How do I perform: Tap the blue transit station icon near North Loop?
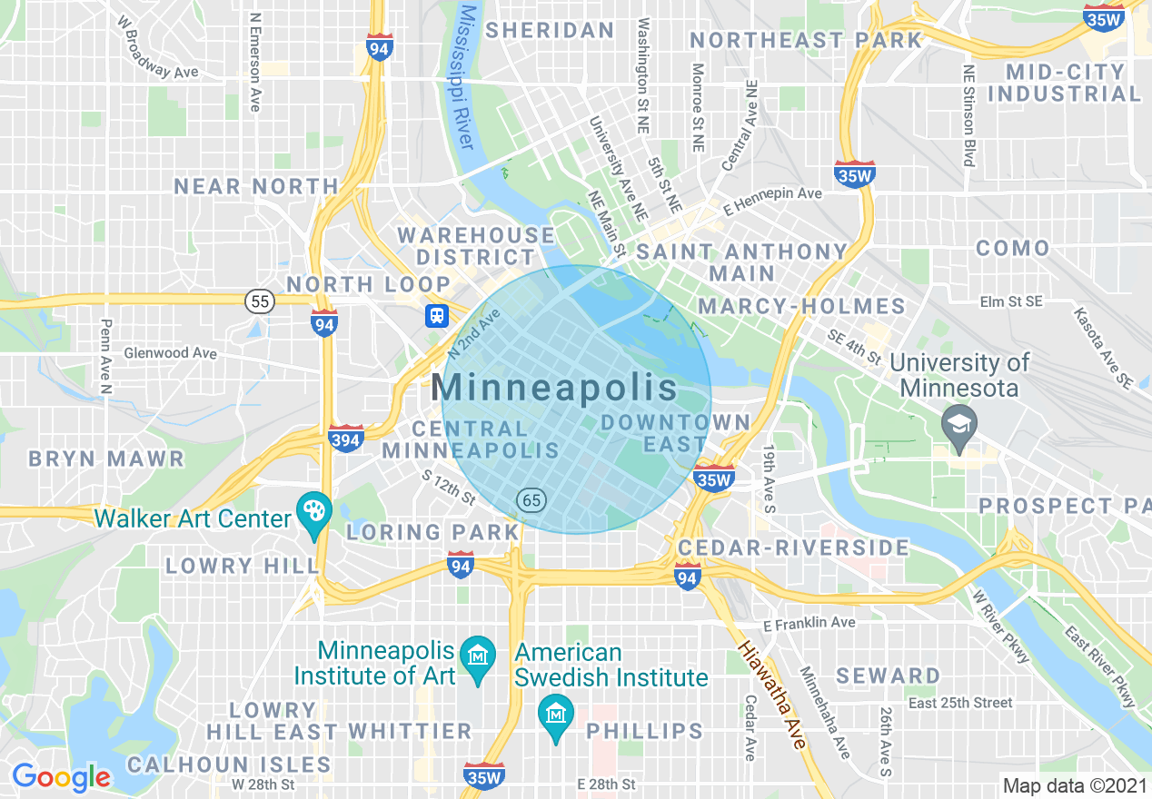click(x=437, y=315)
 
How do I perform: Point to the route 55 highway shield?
click(x=260, y=301)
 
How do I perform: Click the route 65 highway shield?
click(x=531, y=499)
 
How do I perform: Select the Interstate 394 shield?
click(x=346, y=439)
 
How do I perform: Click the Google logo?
click(x=61, y=776)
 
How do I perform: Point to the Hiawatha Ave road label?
click(x=771, y=695)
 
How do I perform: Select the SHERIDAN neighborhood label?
click(x=550, y=30)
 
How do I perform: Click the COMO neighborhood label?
click(x=1012, y=248)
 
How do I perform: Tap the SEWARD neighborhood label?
click(x=888, y=676)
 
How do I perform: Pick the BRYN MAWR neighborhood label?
click(x=106, y=459)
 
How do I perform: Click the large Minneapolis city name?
click(x=554, y=388)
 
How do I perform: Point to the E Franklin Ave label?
click(x=809, y=623)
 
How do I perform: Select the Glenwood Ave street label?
click(x=171, y=352)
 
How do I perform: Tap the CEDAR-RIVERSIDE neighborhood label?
click(x=793, y=547)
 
